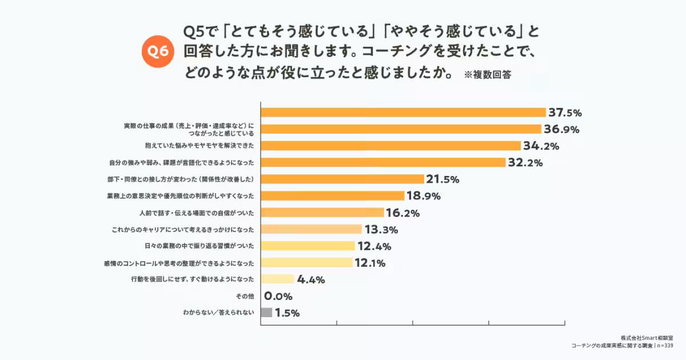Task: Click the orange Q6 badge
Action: point(157,51)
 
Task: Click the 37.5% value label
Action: point(565,113)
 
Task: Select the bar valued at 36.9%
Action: point(400,129)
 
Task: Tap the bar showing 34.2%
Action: point(390,146)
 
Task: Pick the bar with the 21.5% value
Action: point(342,179)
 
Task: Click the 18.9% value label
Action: point(424,196)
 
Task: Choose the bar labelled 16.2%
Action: point(322,213)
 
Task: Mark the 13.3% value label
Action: point(381,230)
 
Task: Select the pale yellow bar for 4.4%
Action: point(277,279)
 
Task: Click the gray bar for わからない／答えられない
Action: point(266,313)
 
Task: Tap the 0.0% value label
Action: point(278,297)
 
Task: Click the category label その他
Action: point(245,296)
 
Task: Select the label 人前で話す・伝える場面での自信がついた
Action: point(196,213)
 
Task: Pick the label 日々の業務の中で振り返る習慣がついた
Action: point(200,246)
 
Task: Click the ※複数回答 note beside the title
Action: point(487,75)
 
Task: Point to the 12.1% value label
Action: point(369,263)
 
